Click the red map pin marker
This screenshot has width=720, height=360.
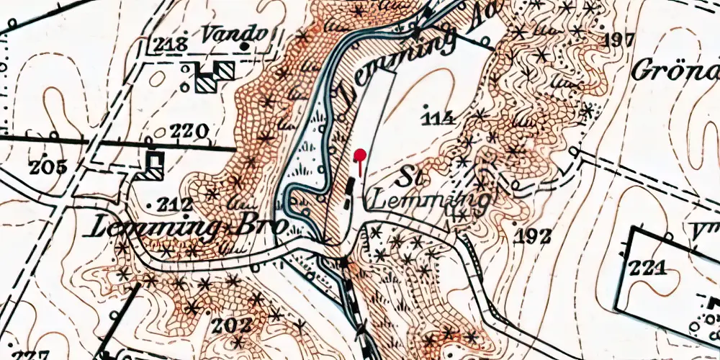[x=360, y=153]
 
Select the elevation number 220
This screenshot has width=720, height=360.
[x=190, y=131]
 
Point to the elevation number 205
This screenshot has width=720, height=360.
[x=48, y=168]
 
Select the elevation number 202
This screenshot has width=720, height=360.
[x=233, y=325]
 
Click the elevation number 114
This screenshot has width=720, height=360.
[x=439, y=117]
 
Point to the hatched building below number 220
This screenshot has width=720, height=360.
[x=153, y=172]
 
